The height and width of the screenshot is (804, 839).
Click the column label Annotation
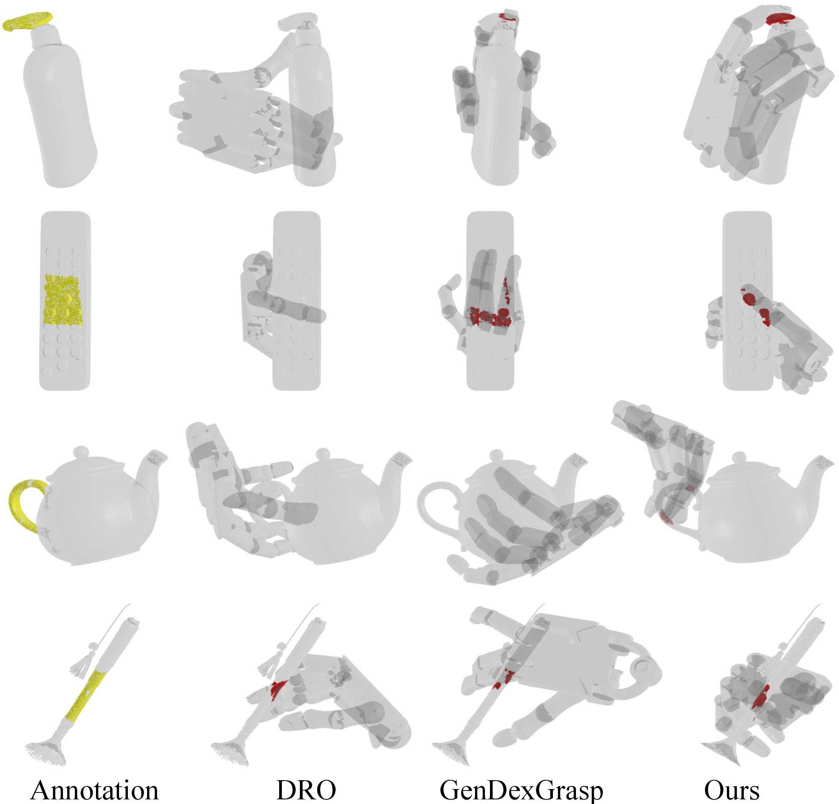point(94,790)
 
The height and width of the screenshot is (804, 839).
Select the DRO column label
point(306,790)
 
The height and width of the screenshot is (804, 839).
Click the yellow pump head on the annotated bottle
point(28,21)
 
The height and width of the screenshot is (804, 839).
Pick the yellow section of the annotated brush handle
point(86,698)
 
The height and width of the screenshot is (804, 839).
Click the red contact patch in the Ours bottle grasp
point(780,19)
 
